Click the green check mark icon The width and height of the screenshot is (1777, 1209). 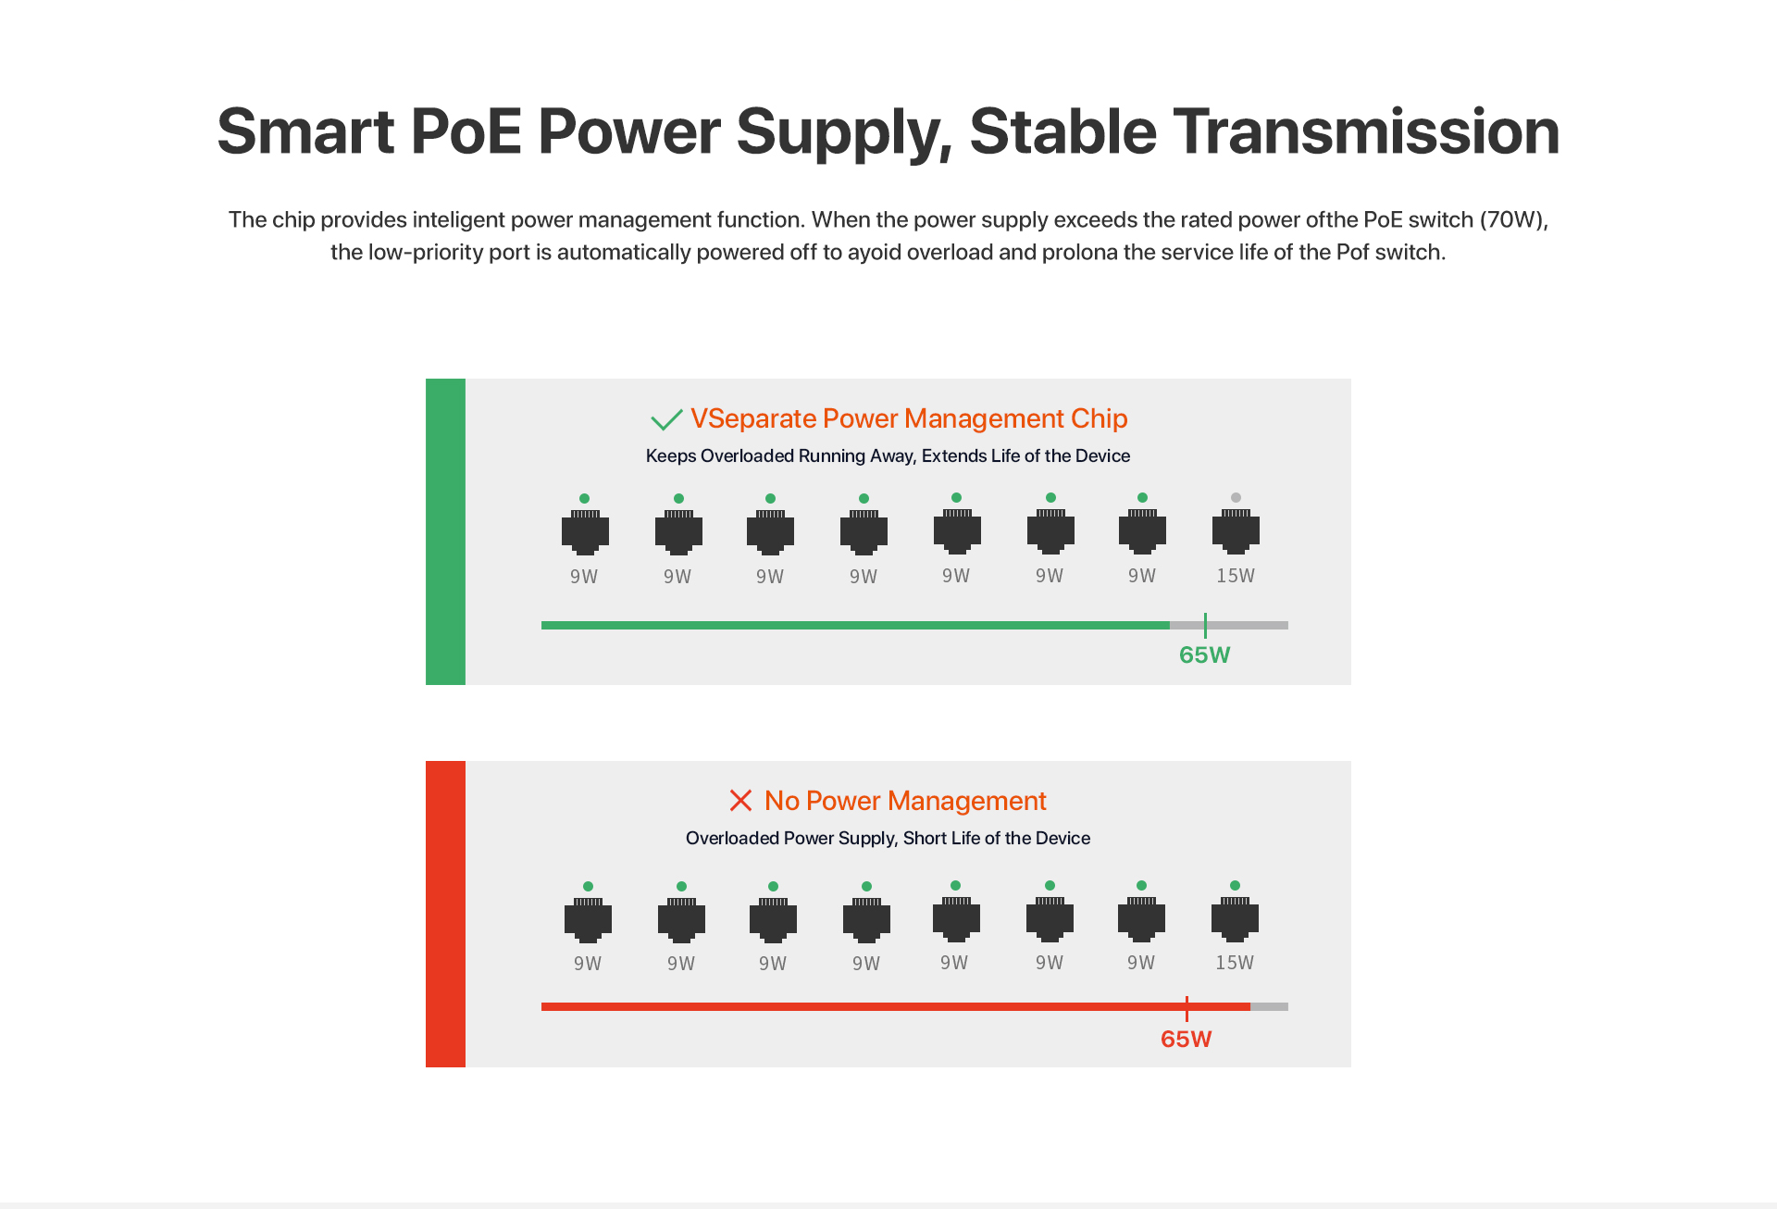[666, 420]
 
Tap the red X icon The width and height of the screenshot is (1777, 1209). [740, 800]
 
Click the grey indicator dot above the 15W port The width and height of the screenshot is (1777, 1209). [1236, 497]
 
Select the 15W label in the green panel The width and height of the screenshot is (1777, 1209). [1236, 576]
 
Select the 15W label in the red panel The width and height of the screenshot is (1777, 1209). [1235, 963]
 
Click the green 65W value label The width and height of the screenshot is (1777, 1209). [1204, 655]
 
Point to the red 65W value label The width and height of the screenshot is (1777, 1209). [1186, 1039]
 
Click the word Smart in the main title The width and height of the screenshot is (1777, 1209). [306, 131]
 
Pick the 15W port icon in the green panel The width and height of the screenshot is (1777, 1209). [1236, 531]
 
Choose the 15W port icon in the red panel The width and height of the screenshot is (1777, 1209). [1235, 919]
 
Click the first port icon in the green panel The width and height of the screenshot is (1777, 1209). [585, 532]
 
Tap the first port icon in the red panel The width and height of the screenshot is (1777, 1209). [588, 920]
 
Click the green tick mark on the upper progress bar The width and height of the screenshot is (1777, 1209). [1205, 625]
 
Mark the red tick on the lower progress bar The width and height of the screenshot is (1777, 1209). [1187, 1009]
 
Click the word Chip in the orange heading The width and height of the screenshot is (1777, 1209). [1100, 419]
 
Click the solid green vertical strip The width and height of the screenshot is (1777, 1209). [445, 531]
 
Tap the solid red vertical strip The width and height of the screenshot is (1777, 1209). [445, 914]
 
